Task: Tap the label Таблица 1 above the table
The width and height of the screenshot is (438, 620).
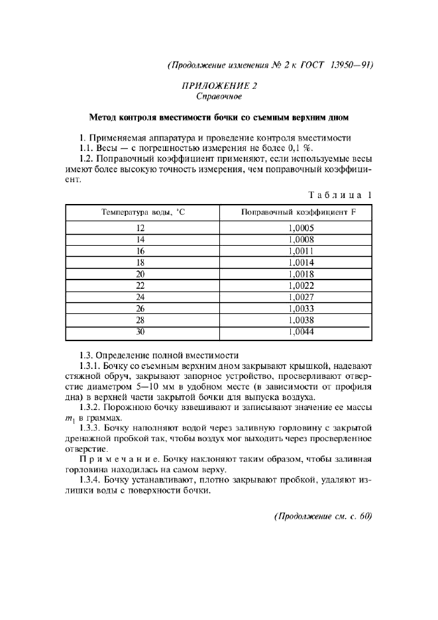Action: pos(341,195)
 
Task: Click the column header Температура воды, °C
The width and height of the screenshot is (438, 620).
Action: pos(140,212)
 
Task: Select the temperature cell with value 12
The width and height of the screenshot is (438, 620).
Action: pos(140,227)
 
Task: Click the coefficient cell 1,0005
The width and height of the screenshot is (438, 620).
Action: pos(301,227)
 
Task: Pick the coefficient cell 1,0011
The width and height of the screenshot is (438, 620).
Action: pos(301,251)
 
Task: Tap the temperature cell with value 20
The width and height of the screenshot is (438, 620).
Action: pos(140,274)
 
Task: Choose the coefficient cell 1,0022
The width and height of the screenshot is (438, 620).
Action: pos(301,285)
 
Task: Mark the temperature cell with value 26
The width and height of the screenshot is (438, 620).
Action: pos(140,309)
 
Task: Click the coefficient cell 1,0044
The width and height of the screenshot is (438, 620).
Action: pos(301,332)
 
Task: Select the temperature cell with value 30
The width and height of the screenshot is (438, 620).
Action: pos(140,332)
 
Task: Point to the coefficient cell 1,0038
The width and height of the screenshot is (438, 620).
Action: pos(301,321)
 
